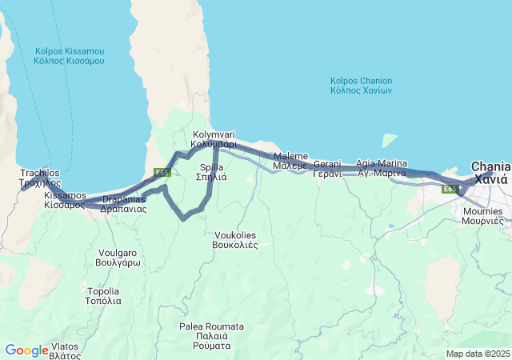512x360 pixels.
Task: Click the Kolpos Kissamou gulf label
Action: coord(70,55)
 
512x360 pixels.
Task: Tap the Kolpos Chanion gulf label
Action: coord(361,86)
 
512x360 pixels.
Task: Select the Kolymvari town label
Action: coord(214,140)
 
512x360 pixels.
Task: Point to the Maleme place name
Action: coord(290,160)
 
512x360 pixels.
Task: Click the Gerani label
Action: coord(327,169)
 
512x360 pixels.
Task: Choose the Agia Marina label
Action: coord(382,168)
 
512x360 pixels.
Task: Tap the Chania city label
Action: coord(490,172)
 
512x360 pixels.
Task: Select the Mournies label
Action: coord(482,216)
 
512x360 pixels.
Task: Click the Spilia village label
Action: coord(212,172)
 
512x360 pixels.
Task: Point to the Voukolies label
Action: coord(236,240)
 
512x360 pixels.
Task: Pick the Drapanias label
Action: coord(124,203)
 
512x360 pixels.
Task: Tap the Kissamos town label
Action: coord(65,200)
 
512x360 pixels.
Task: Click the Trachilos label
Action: coord(39,177)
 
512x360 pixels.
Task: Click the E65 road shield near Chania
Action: coord(451,189)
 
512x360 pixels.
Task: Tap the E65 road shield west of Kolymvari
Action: coord(162,172)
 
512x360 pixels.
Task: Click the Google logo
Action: coord(26,350)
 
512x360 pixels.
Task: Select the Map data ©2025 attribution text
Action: coord(477,354)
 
